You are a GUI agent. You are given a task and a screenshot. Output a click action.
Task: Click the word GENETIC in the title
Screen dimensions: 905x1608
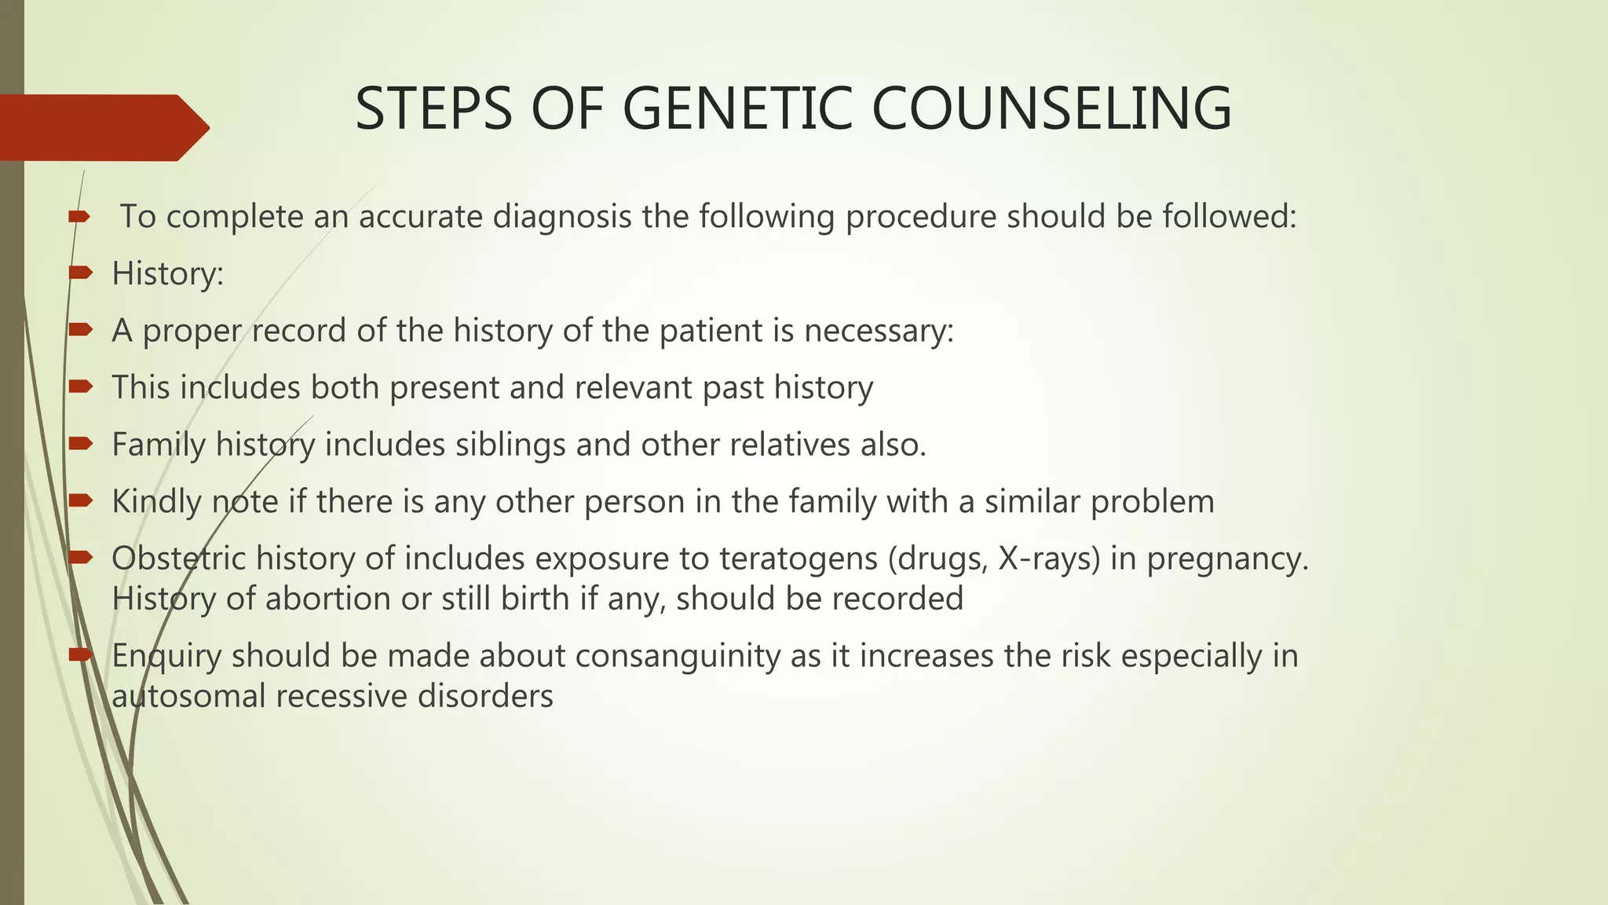coord(737,108)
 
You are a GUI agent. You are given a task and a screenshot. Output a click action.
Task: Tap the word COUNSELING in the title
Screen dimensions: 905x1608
coord(1051,108)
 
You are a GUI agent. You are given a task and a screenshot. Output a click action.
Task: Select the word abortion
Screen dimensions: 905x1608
coord(328,599)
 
